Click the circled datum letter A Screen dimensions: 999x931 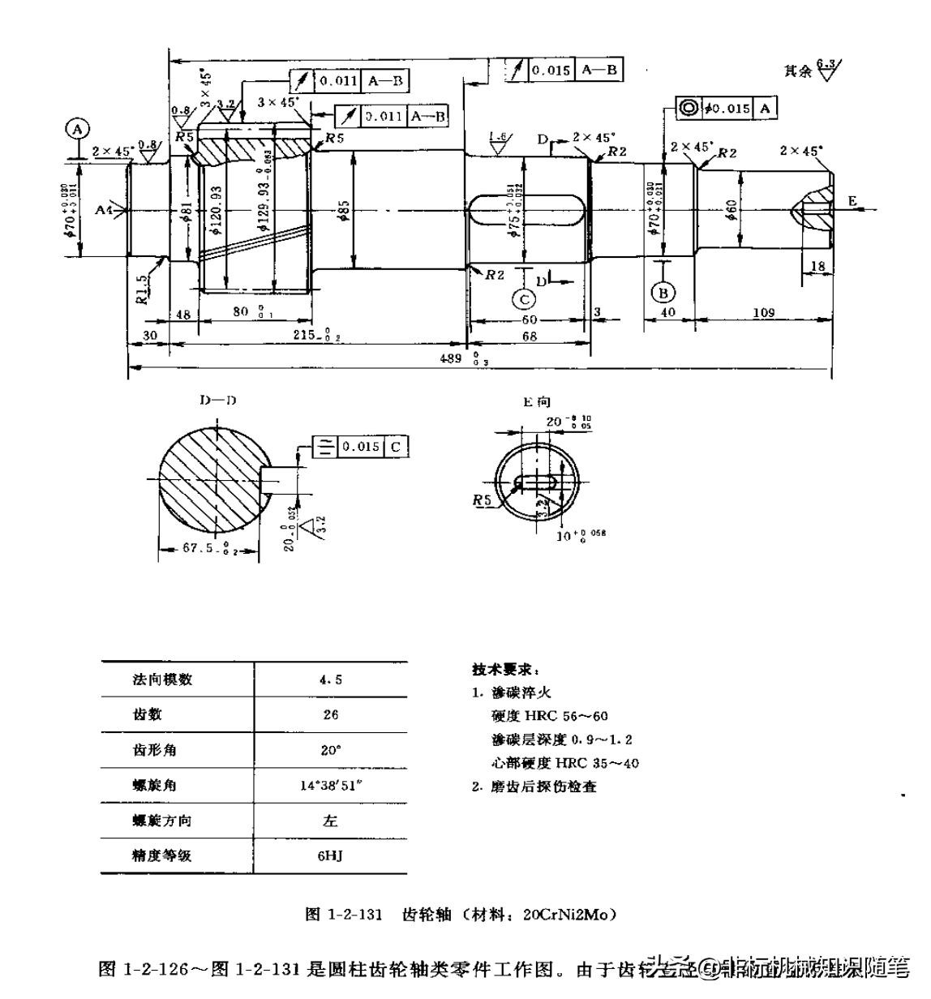tap(78, 129)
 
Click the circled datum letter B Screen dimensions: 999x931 tap(663, 292)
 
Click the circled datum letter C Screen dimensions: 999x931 tap(525, 299)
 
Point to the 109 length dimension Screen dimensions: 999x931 tap(762, 312)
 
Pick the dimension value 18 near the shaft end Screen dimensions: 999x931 tap(817, 266)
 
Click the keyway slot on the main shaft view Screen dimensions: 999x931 tap(527, 212)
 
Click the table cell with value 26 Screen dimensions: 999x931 tap(330, 714)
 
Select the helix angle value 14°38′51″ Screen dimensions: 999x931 tap(330, 785)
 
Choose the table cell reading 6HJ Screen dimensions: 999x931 tap(330, 855)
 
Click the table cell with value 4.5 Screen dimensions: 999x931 tap(330, 680)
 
